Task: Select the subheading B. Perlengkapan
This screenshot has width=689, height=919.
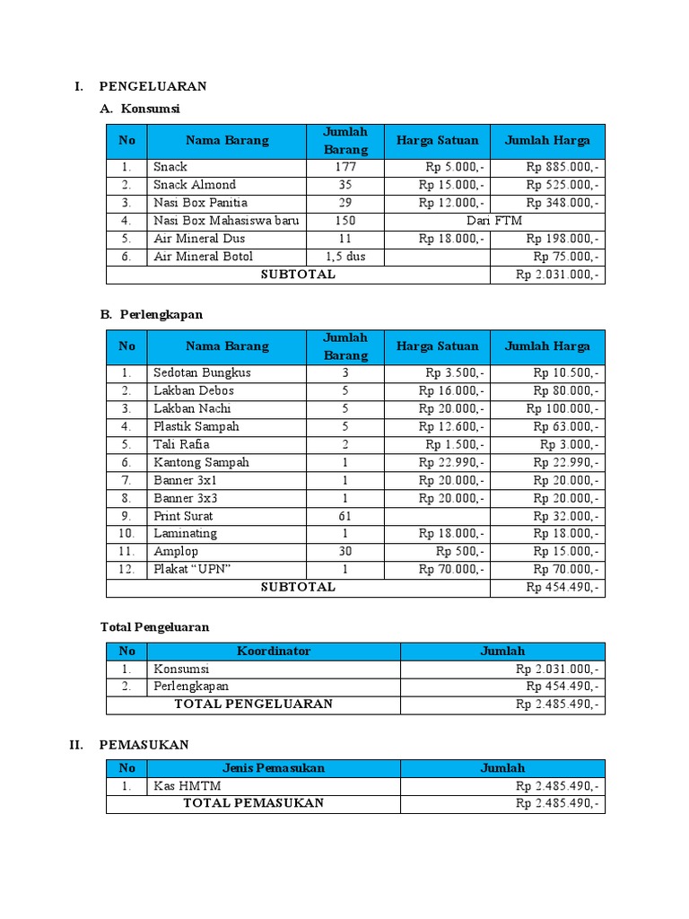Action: tap(151, 315)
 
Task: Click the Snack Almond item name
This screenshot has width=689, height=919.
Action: tap(195, 185)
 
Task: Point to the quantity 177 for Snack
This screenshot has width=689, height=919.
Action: tap(345, 167)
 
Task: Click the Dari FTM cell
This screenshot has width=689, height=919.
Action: tap(493, 221)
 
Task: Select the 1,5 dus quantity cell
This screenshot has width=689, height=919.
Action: tap(345, 257)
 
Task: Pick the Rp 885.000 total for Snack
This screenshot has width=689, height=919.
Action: tap(563, 167)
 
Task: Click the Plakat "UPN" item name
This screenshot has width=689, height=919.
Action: tap(192, 569)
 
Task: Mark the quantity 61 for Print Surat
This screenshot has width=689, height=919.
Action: tap(345, 516)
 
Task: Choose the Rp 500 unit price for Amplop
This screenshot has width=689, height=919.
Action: tap(460, 551)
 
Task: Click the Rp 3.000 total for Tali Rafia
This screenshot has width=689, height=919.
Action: tap(570, 444)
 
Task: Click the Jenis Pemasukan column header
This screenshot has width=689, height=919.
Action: tap(274, 768)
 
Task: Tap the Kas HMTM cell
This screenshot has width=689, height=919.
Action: tap(187, 786)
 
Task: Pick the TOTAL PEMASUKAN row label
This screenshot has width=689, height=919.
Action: tap(253, 803)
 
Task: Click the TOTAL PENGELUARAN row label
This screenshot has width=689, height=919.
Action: tap(253, 704)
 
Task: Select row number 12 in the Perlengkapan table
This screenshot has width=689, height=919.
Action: tap(126, 569)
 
